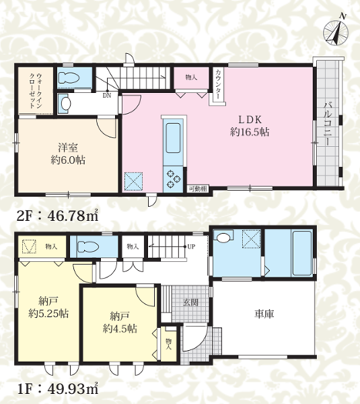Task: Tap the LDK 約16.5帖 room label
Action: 250,126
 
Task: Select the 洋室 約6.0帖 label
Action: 68,154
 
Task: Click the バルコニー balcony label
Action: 328,124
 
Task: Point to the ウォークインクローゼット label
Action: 36,91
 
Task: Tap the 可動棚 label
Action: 198,189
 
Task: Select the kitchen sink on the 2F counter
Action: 173,138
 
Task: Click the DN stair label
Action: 106,96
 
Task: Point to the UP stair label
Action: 191,246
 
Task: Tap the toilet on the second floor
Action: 68,78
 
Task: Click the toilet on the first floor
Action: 88,247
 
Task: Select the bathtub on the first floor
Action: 302,253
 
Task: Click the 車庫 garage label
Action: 264,314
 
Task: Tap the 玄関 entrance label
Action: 190,302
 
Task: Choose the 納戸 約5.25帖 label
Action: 48,307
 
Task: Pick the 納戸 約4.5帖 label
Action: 120,322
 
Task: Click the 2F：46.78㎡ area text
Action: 58,215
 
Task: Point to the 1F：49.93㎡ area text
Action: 58,389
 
